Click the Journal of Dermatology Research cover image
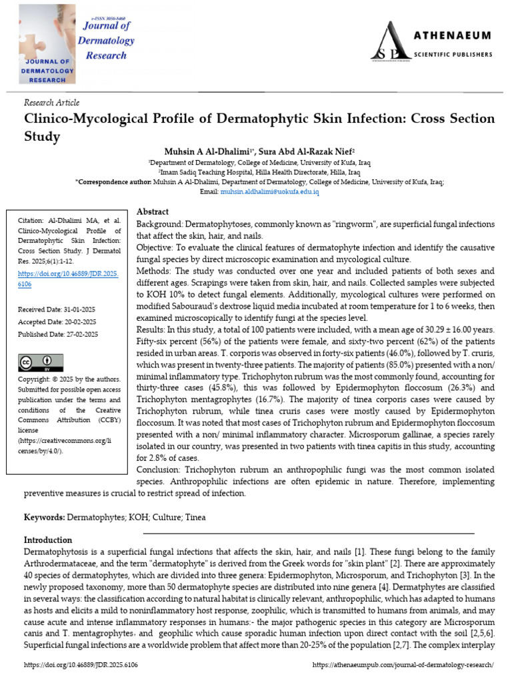[x=42, y=43]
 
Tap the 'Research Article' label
[x=51, y=103]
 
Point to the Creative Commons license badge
[x=41, y=363]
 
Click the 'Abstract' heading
[x=152, y=211]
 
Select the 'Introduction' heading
[x=48, y=540]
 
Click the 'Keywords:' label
[x=44, y=517]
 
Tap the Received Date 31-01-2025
[x=57, y=309]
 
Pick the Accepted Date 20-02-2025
[x=57, y=321]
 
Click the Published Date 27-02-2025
[x=57, y=334]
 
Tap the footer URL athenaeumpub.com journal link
[x=403, y=666]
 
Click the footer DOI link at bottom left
[x=81, y=666]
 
